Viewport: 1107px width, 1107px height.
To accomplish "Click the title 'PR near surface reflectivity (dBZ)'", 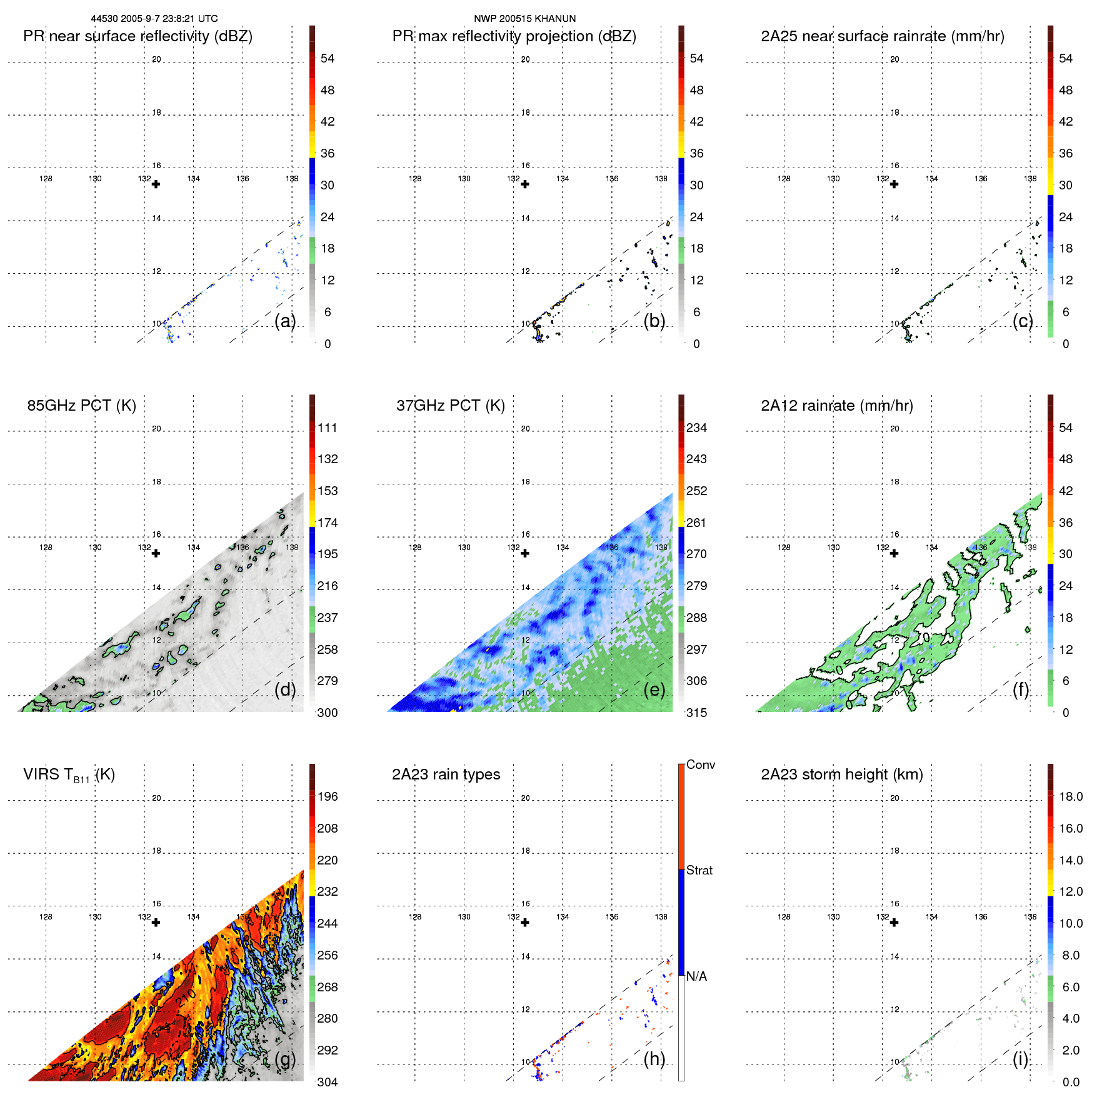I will [x=138, y=36].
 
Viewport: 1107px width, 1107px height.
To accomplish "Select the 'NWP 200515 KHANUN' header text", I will [x=524, y=19].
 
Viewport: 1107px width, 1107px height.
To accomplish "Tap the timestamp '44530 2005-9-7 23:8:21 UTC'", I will [x=154, y=19].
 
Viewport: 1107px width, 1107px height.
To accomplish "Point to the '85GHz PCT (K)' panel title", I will [x=81, y=406].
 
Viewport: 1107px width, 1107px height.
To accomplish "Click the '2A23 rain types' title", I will [x=446, y=774].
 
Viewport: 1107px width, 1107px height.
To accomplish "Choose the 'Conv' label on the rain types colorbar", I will [x=700, y=765].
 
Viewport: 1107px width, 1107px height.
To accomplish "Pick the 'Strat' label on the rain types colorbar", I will [x=699, y=871].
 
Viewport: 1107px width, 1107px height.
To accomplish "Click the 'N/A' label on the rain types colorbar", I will [x=696, y=976].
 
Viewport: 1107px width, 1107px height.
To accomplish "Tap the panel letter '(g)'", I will [x=285, y=1059].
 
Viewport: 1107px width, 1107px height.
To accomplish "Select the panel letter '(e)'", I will [x=654, y=689].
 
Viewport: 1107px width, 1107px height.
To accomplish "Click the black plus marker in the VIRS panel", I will [x=156, y=923].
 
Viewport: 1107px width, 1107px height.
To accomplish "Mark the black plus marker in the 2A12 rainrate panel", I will [x=894, y=553].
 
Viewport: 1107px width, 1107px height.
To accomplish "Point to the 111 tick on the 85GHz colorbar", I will [x=327, y=428].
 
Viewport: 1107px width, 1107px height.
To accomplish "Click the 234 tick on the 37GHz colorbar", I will [x=696, y=428].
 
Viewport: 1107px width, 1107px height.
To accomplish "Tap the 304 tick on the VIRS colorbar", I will [x=327, y=1083].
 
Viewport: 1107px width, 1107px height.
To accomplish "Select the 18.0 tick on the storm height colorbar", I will [x=1070, y=797].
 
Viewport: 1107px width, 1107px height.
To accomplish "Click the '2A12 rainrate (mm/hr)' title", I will [x=836, y=406].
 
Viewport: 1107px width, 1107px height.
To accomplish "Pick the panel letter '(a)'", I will [x=285, y=321].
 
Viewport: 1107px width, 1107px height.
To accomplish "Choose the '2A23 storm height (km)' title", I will [x=841, y=774].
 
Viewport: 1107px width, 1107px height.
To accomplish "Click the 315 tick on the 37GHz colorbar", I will [x=696, y=713].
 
